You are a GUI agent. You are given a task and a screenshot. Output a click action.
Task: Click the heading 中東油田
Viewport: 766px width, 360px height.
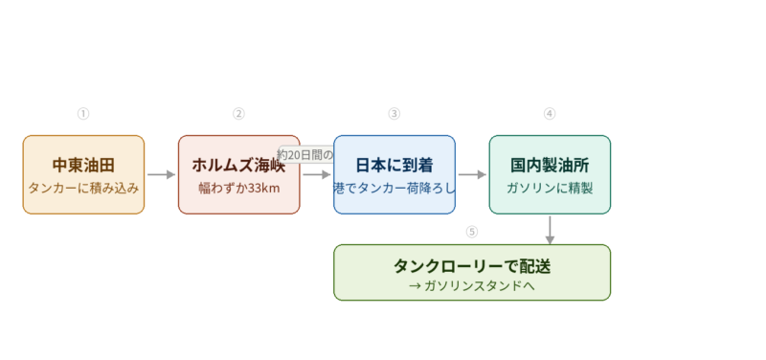coord(83,165)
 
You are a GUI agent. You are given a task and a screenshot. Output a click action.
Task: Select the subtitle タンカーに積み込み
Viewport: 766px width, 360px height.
coord(83,188)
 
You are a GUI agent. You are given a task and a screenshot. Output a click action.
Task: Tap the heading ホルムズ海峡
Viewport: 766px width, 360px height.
coord(238,165)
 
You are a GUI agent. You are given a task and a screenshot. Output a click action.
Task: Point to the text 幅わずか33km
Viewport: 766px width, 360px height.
coord(238,188)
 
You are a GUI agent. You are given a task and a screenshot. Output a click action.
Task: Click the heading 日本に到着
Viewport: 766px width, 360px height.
coord(394,165)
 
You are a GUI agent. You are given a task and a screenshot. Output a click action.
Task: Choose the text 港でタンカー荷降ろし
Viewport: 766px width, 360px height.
coord(394,188)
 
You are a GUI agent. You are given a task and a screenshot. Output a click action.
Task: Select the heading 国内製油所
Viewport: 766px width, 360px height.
coord(550,165)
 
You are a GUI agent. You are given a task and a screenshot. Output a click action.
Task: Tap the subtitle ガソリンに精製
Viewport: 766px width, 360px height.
coord(550,188)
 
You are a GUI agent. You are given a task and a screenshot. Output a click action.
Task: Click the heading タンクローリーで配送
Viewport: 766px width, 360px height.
coord(472,265)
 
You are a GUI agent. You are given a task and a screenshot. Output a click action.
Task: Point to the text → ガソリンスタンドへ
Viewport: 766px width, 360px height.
coord(472,285)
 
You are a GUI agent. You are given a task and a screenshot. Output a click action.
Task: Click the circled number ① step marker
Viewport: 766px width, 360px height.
coord(83,114)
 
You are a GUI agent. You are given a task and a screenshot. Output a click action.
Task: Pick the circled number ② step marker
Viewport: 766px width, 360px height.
coord(238,114)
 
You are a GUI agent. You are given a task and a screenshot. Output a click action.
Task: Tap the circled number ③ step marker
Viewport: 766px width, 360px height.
coord(394,114)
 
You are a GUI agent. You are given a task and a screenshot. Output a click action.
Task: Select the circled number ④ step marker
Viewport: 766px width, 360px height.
coord(550,114)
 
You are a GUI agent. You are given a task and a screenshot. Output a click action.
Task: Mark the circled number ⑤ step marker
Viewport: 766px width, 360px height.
coord(471,232)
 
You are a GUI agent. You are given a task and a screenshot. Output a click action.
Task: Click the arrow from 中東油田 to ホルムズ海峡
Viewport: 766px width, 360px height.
coord(161,174)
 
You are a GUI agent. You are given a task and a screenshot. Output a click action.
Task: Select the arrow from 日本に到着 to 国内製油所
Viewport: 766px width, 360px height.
coord(472,174)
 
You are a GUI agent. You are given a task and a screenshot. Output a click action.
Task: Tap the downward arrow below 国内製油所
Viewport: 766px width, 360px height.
coord(550,229)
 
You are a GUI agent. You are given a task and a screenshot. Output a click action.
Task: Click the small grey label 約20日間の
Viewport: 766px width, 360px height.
coord(305,154)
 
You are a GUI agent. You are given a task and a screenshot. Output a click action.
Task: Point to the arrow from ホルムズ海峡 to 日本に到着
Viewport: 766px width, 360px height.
coord(317,174)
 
